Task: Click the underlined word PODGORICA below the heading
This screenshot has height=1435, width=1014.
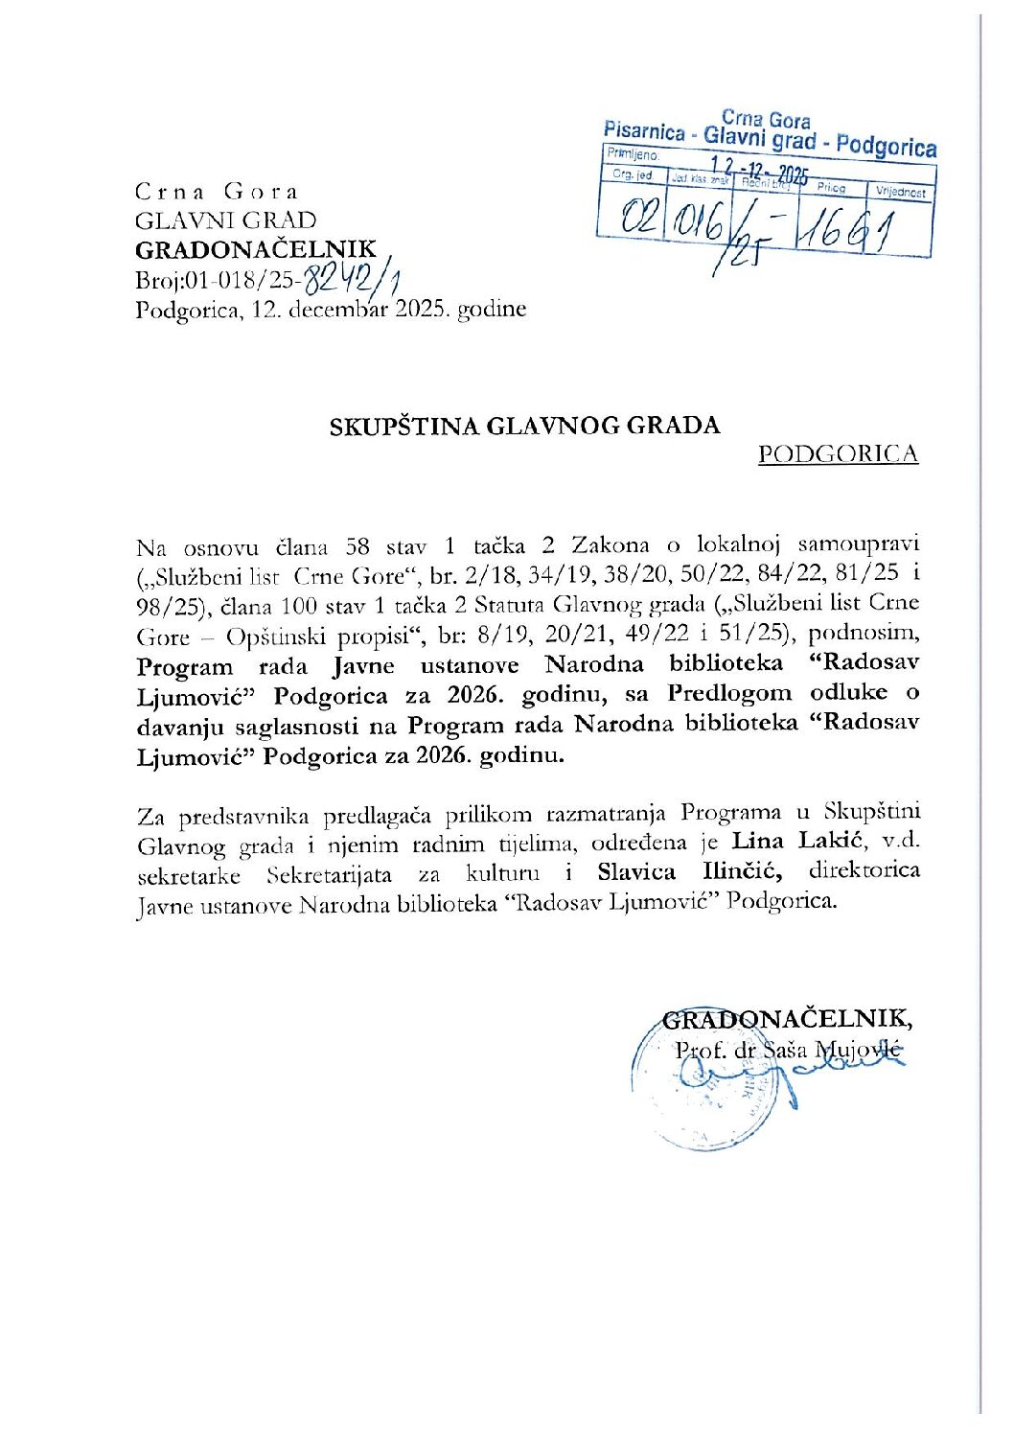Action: tap(838, 453)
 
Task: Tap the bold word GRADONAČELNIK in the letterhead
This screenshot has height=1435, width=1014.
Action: tap(256, 250)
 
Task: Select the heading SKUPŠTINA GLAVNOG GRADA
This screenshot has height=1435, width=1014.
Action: tap(524, 425)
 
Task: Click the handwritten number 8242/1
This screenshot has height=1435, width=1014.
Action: tap(350, 281)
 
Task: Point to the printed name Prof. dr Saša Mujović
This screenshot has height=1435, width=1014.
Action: tap(788, 1050)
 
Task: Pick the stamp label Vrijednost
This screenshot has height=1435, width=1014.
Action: tap(900, 192)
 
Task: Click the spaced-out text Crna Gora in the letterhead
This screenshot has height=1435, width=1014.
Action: tap(217, 191)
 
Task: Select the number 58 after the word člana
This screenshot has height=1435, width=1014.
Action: tap(357, 546)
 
